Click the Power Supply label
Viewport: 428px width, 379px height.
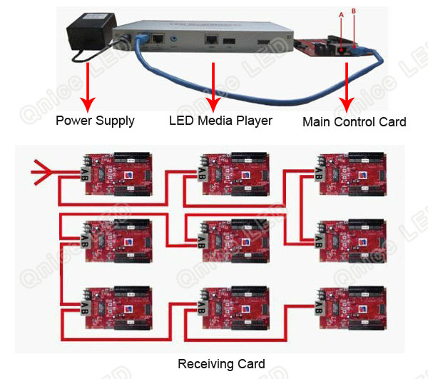point(95,121)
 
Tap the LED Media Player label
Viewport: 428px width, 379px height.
point(220,120)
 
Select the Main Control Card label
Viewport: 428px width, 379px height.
point(354,122)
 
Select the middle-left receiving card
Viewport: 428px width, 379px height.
point(118,238)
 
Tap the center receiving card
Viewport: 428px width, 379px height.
point(235,238)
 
